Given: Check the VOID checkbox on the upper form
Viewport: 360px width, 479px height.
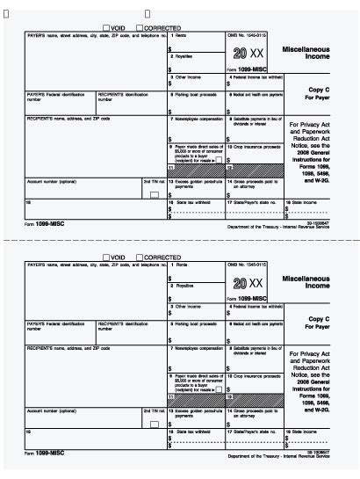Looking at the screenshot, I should click(107, 27).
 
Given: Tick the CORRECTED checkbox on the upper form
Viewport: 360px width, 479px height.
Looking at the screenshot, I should click(138, 27).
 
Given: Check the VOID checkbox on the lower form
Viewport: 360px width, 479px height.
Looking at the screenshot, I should click(107, 257).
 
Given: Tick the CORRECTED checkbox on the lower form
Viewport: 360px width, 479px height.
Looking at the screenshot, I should click(138, 257).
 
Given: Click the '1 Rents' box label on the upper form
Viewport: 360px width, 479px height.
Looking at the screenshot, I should click(179, 35).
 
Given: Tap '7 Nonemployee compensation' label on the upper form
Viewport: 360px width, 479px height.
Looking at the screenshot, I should click(196, 115).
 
